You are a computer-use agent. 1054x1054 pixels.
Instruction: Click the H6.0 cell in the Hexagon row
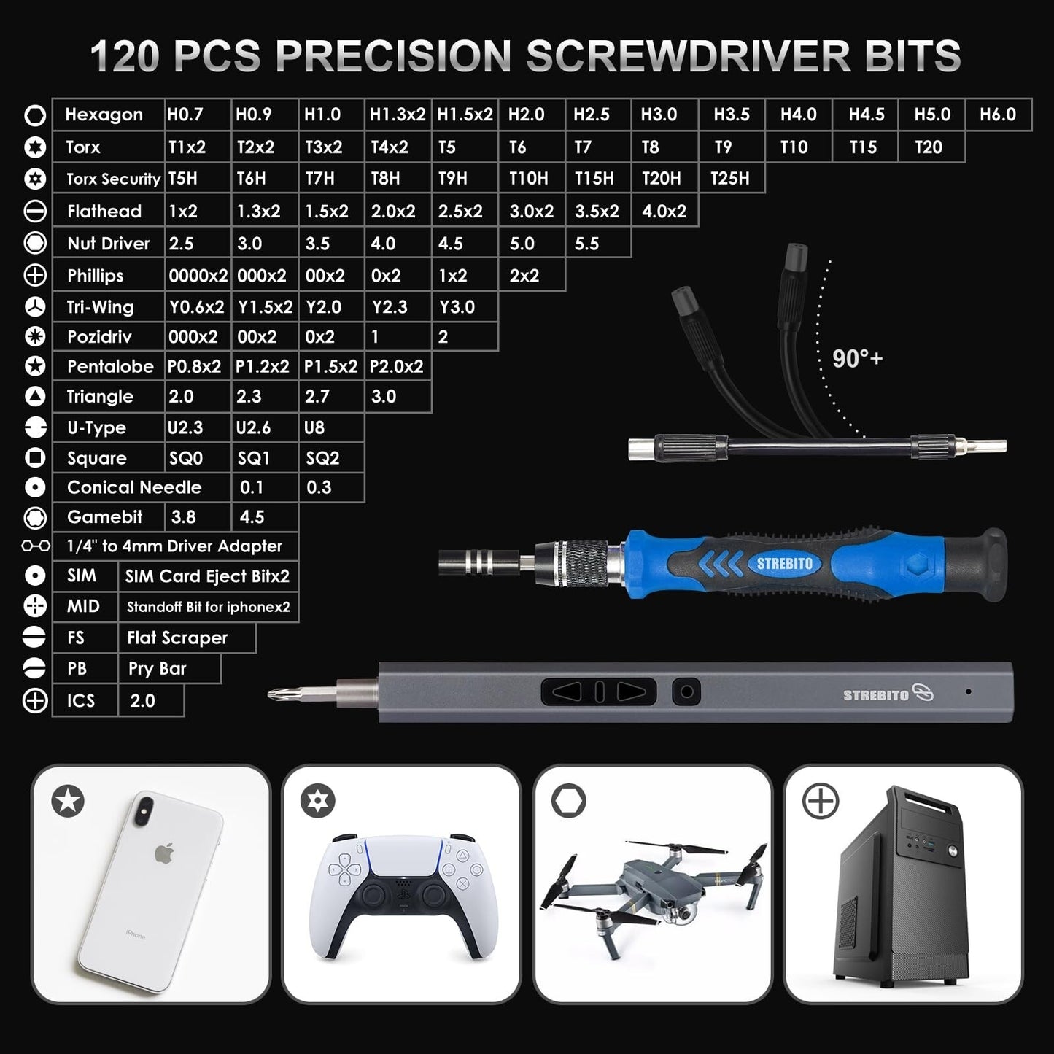998,115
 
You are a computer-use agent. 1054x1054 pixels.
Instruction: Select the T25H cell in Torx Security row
730,178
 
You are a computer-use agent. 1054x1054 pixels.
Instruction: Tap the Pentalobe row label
110,366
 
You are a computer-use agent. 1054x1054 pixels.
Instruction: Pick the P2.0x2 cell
397,366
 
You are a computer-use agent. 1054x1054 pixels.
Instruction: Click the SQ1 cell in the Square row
254,458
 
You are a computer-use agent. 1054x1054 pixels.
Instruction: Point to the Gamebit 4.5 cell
252,517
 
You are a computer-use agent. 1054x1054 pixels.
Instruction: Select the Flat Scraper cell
177,638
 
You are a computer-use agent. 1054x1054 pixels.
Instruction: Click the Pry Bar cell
158,669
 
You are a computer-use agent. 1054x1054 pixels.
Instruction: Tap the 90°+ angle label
857,359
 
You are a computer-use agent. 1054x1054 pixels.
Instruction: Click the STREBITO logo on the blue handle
784,564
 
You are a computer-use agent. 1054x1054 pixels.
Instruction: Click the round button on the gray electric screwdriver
686,691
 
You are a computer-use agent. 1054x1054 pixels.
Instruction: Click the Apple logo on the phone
165,853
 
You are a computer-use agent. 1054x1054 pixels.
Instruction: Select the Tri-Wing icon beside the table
35,307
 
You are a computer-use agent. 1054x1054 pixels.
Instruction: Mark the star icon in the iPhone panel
68,802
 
